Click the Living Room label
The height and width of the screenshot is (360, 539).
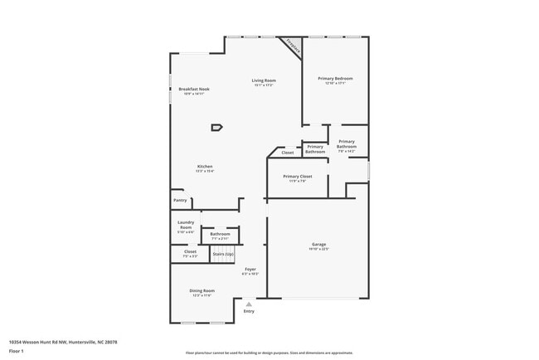tap(264, 80)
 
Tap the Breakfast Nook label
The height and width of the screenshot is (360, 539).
tap(194, 89)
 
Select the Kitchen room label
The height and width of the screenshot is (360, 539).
tap(205, 167)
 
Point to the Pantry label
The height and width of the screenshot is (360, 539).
tap(180, 201)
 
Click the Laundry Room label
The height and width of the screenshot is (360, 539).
tap(186, 224)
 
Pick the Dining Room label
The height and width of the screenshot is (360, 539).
tap(202, 290)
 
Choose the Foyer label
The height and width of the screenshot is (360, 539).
tap(250, 269)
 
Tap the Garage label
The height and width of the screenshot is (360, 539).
tap(319, 245)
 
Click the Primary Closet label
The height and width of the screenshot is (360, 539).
tap(296, 177)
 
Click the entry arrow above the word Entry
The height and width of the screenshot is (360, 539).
tap(249, 304)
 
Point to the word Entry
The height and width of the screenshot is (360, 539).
tap(249, 311)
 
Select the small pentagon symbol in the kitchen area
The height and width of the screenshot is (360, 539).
tap(216, 127)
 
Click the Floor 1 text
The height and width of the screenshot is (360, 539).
tap(17, 352)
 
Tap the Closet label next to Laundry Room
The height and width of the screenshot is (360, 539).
tap(190, 251)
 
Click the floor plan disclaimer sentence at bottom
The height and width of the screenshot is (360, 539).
tap(269, 352)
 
